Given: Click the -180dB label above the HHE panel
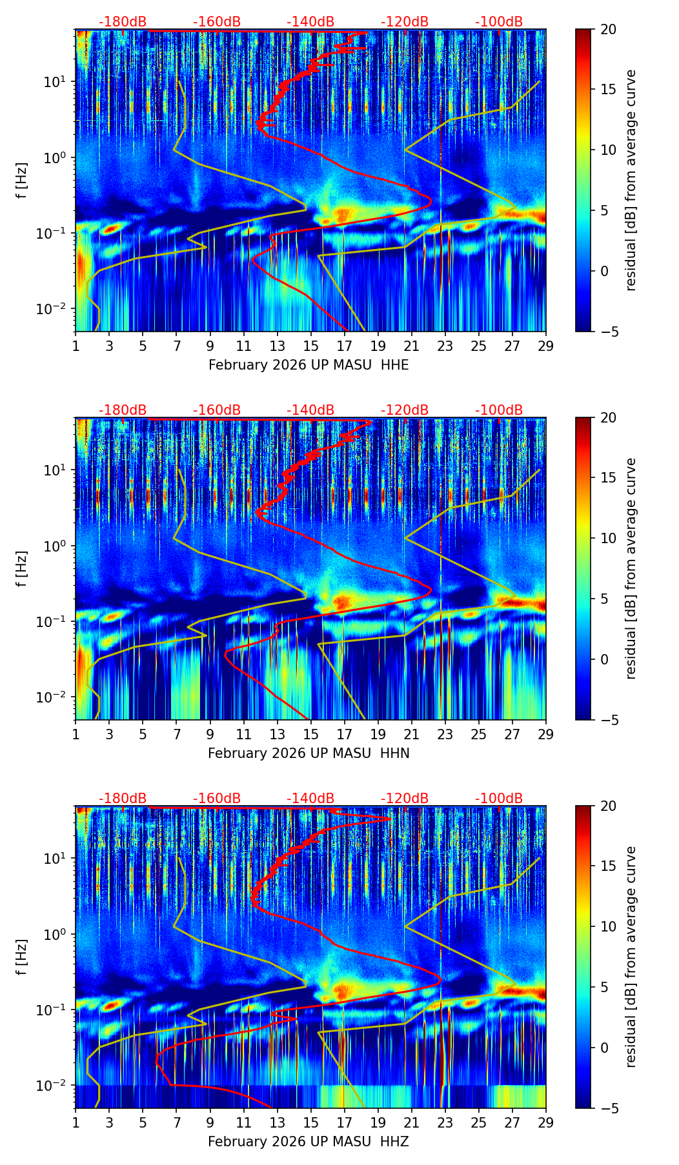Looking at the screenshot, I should pos(123,22).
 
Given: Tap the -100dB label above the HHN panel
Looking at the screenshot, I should pos(499,410).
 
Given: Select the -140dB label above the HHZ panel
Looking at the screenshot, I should pos(310,799).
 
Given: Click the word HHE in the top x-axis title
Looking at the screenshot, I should pos(394,365).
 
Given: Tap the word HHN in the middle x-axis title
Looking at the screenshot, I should pos(395,753).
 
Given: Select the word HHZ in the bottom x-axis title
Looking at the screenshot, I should pos(394,1142).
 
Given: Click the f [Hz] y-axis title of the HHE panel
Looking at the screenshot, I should pos(22,181).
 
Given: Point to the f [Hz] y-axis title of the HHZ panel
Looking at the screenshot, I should pos(22,957).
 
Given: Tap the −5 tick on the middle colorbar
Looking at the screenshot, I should pos(607,720).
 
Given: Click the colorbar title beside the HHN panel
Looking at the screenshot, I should pos(631,568).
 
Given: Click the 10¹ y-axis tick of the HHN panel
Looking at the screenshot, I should pos(57,470).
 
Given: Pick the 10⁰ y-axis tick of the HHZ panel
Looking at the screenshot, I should pos(57,934).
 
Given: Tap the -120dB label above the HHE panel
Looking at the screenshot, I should pos(405,22).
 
